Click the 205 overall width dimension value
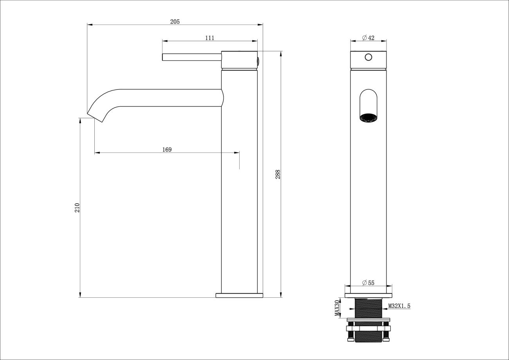point(175,22)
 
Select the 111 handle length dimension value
point(210,38)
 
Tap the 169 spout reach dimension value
point(167,150)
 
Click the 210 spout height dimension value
point(77,208)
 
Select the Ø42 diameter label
point(368,38)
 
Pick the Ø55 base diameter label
point(368,283)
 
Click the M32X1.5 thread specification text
point(399,306)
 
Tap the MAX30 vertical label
point(337,308)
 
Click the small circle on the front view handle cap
point(368,57)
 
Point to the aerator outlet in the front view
point(368,118)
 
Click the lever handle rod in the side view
point(192,57)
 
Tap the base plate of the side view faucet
point(239,295)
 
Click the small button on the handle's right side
point(258,61)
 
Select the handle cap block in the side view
point(239,60)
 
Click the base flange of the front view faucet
point(368,295)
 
